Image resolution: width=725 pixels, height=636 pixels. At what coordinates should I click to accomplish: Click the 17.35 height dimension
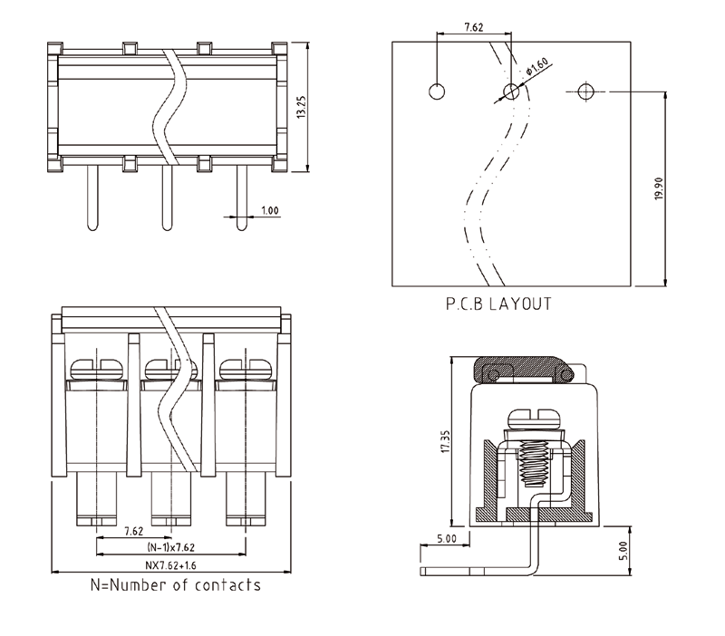pos(443,444)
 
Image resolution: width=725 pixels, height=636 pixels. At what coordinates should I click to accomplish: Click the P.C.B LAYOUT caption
pos(498,304)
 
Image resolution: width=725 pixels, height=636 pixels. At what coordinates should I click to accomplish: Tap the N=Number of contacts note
pos(176,585)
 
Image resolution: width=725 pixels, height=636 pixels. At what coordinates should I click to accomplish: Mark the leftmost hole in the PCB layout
pos(437,92)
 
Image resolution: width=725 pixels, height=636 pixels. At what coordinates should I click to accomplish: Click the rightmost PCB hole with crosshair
pos(585,92)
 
